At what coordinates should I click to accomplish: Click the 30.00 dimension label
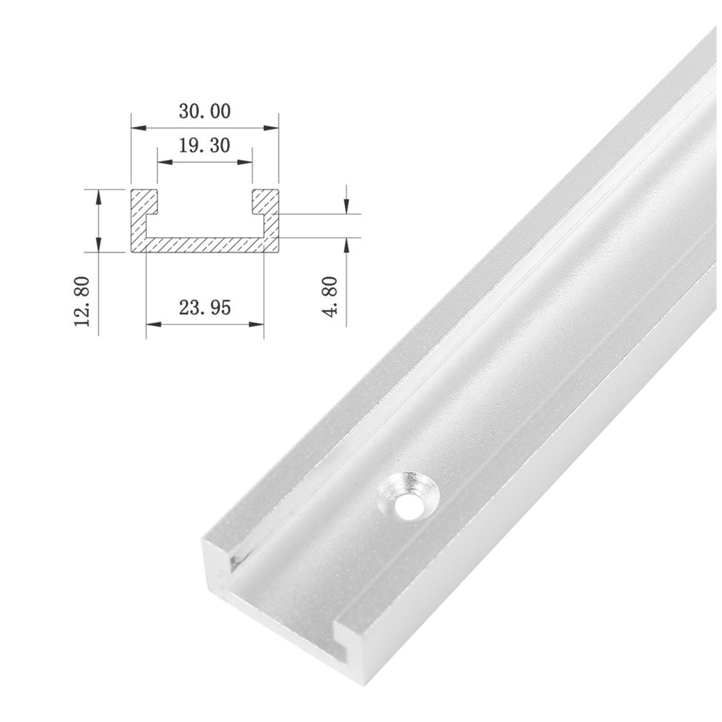(205, 111)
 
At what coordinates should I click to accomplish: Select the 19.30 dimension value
(205, 145)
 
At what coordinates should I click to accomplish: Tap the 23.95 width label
(205, 308)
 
